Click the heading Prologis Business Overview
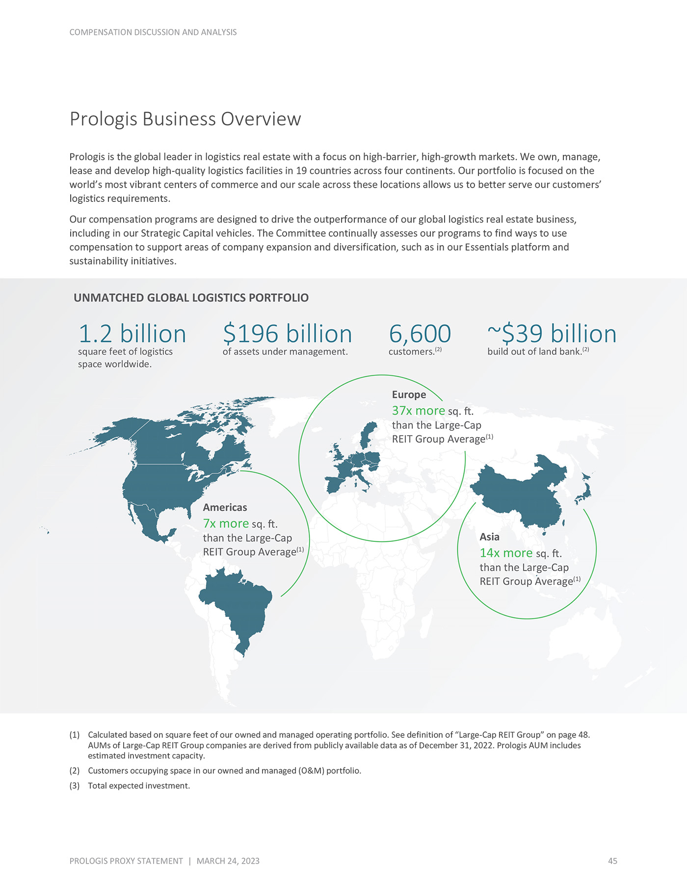(185, 119)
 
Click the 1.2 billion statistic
(132, 334)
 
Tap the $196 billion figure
(287, 334)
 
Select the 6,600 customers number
(420, 334)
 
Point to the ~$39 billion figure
(552, 334)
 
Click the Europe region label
(409, 395)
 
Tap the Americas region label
(225, 507)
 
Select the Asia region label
(489, 537)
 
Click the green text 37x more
(418, 411)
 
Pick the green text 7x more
(226, 524)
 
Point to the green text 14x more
(506, 553)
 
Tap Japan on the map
(585, 489)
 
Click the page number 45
(612, 861)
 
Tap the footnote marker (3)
(75, 785)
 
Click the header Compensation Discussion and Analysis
(153, 32)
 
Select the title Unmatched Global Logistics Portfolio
(191, 298)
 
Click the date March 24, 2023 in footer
(228, 861)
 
